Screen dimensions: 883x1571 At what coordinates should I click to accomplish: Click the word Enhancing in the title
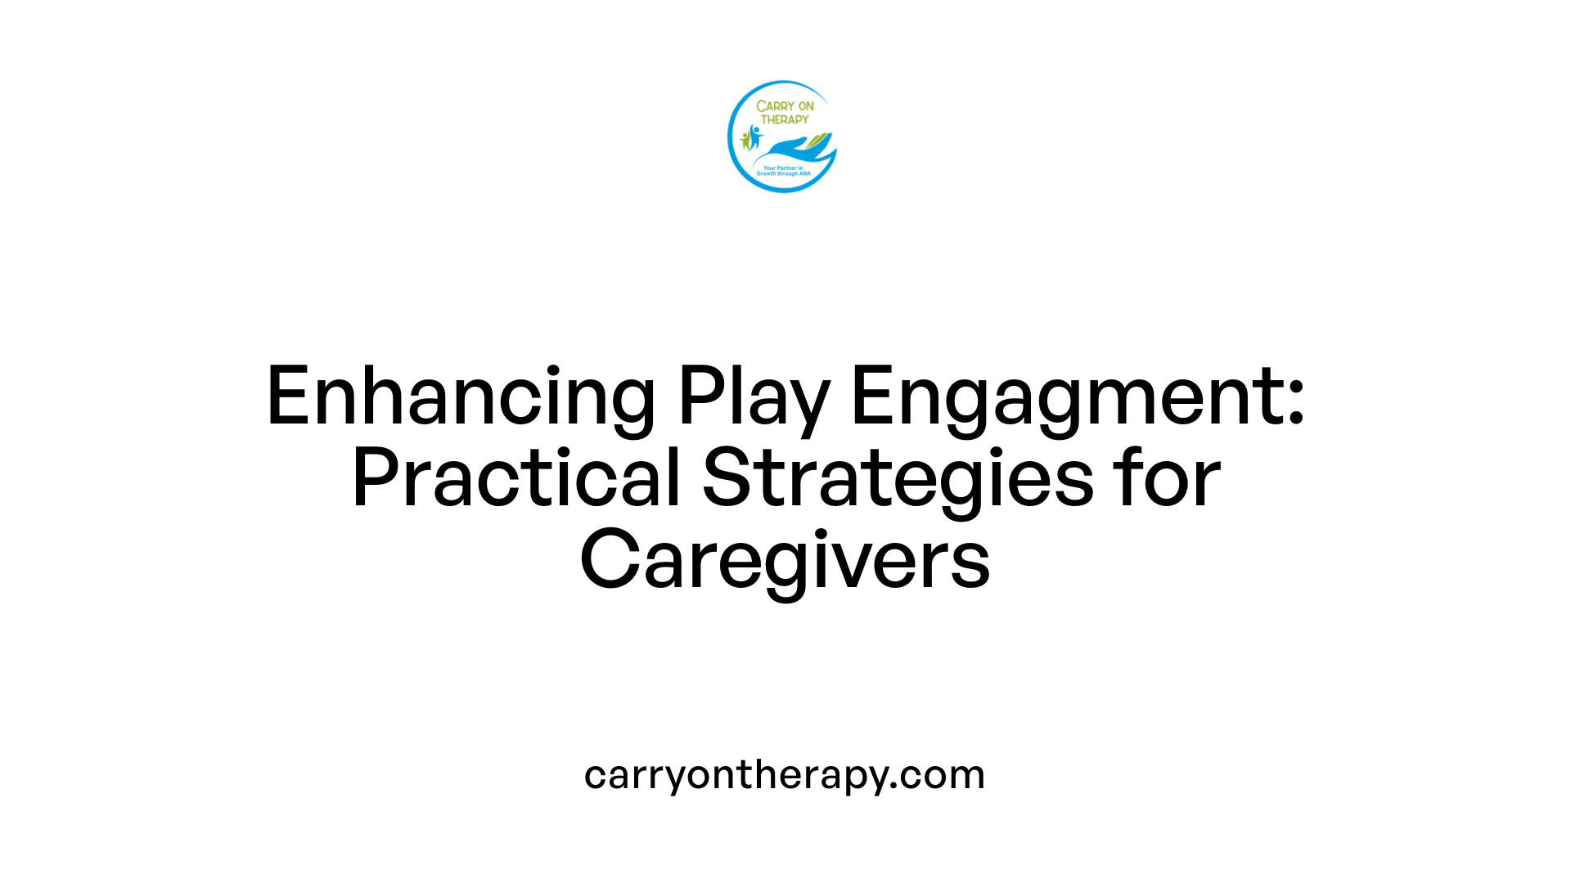(x=461, y=397)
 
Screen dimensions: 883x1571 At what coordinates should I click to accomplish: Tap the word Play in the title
(x=754, y=397)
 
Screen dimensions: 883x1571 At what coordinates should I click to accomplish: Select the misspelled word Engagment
(x=1064, y=397)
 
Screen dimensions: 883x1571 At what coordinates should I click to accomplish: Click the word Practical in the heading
(x=516, y=479)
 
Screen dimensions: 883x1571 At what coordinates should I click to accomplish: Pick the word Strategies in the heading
(x=898, y=479)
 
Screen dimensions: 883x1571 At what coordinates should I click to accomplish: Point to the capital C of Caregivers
(x=610, y=560)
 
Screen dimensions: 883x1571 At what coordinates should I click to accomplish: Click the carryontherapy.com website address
(x=785, y=774)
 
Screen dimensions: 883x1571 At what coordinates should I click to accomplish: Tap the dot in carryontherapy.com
(x=894, y=787)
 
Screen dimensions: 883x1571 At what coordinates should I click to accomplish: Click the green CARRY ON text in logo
(x=785, y=106)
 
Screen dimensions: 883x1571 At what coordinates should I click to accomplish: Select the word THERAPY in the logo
(x=785, y=119)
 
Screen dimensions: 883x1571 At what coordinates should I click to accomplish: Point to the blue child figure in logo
(x=754, y=137)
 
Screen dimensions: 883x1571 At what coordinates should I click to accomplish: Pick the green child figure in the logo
(x=745, y=141)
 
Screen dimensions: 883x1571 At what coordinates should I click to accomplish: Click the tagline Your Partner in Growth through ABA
(x=783, y=171)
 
